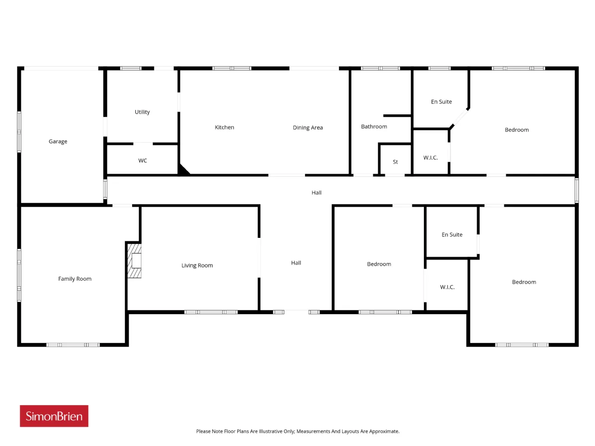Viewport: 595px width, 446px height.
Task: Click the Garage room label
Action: click(x=58, y=141)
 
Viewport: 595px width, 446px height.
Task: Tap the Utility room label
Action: click(x=142, y=111)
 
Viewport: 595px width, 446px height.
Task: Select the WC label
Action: click(x=142, y=160)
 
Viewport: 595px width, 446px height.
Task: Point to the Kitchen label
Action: click(x=224, y=127)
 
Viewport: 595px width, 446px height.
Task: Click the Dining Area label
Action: click(x=307, y=127)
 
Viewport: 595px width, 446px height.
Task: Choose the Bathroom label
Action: click(x=374, y=126)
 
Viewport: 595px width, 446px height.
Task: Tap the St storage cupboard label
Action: click(x=395, y=162)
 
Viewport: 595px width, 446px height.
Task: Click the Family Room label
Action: click(x=74, y=278)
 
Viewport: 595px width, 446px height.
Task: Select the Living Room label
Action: click(x=197, y=265)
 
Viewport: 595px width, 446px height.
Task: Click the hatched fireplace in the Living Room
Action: click(x=134, y=261)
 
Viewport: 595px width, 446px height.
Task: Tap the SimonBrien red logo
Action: click(x=54, y=416)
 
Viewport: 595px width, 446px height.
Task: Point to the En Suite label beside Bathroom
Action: click(x=441, y=102)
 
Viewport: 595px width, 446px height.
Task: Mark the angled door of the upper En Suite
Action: click(x=460, y=118)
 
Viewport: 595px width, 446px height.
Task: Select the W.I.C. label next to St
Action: click(x=430, y=157)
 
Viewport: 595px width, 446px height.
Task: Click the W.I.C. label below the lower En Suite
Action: click(x=447, y=287)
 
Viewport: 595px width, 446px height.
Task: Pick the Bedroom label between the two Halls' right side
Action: click(x=379, y=264)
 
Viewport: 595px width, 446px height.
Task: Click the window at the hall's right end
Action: click(x=576, y=190)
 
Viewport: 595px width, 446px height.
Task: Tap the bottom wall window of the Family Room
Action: click(x=73, y=345)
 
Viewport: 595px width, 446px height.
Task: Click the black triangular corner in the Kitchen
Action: click(x=183, y=170)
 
